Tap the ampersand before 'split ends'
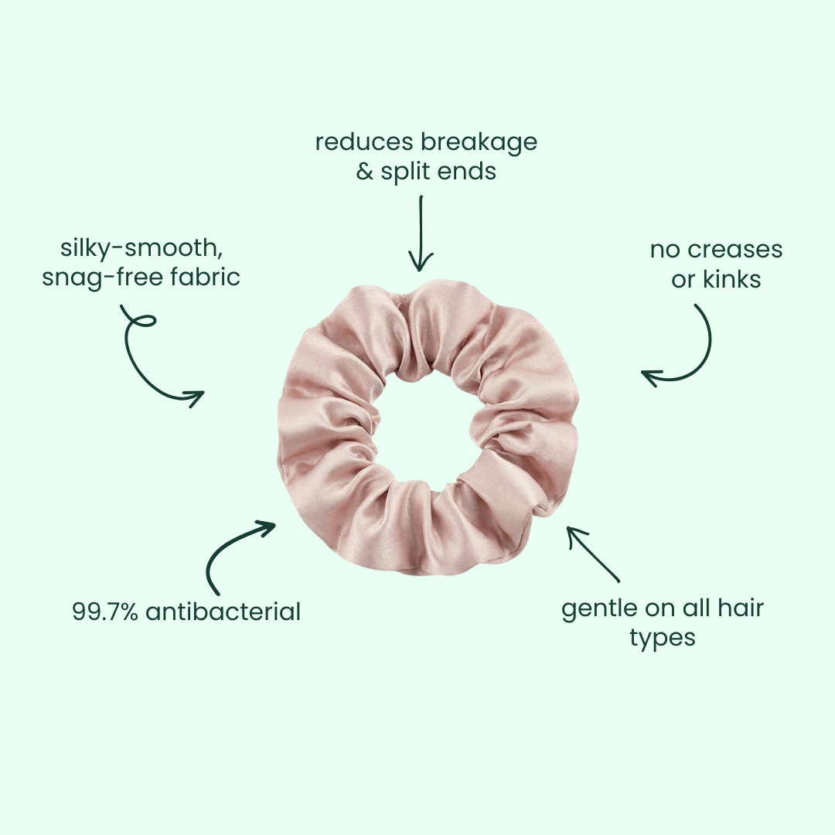click(x=365, y=172)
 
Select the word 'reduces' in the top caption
click(x=364, y=143)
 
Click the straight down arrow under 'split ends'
click(x=421, y=232)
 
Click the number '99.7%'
click(x=105, y=612)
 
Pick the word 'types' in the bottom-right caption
click(x=663, y=639)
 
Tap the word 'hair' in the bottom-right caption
click(x=739, y=608)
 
